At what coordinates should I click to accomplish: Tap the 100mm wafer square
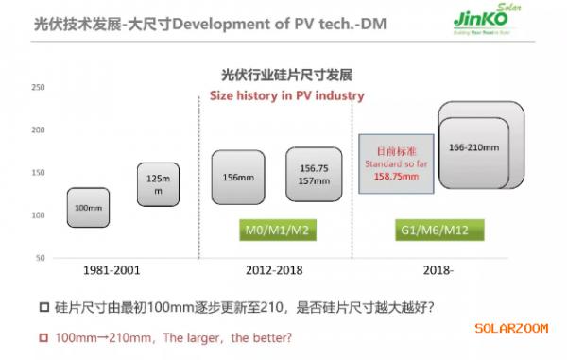point(88,207)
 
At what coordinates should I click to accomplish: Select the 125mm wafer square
point(158,184)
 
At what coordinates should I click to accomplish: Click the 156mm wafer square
point(237,177)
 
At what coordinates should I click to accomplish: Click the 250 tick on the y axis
point(40,88)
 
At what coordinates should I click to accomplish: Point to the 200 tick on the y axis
point(40,130)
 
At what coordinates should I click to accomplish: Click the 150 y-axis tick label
point(40,173)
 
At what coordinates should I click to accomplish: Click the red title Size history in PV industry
point(286,95)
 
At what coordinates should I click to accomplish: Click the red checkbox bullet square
point(44,336)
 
